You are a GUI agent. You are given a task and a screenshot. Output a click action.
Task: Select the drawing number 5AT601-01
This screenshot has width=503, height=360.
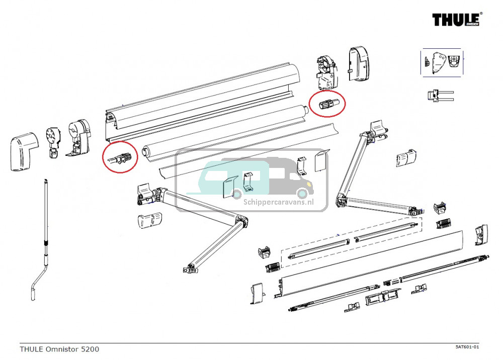click(467, 347)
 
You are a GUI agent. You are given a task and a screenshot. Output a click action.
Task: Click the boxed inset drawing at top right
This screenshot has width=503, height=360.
click(442, 62)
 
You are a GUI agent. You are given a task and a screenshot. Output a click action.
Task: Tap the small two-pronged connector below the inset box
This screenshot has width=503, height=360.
click(439, 96)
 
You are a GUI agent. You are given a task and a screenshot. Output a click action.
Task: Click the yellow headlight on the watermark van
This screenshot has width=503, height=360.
click(303, 192)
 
